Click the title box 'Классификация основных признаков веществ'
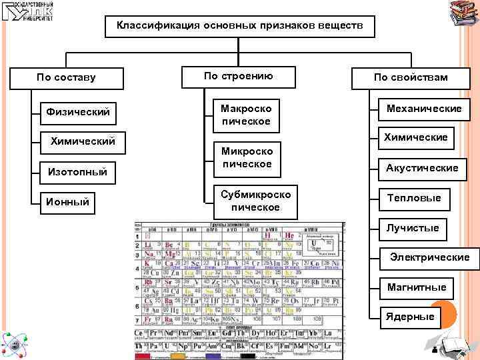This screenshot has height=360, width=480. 241,26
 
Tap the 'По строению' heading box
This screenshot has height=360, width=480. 238,76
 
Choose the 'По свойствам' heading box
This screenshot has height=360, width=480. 411,77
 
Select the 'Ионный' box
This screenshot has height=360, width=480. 66,201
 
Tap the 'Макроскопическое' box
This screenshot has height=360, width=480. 247,114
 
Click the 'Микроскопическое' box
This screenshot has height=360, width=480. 247,157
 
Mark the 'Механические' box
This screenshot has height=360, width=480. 419,109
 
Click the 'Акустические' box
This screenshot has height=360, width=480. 422,168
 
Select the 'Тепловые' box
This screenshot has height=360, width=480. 414,198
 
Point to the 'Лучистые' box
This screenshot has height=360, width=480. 413,228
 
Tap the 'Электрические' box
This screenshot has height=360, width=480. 429,257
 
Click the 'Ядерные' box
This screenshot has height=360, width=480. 410,316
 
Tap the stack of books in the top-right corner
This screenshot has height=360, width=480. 462,13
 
